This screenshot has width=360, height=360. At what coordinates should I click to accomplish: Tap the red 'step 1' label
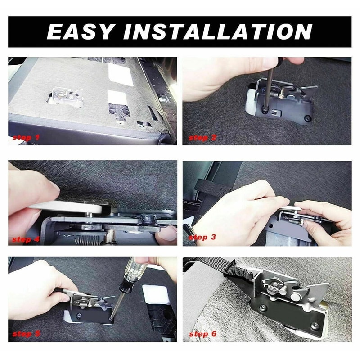pyautogui.click(x=26, y=137)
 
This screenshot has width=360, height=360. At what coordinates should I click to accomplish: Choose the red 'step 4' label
pyautogui.click(x=26, y=239)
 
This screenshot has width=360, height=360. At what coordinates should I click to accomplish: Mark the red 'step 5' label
pyautogui.click(x=26, y=334)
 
